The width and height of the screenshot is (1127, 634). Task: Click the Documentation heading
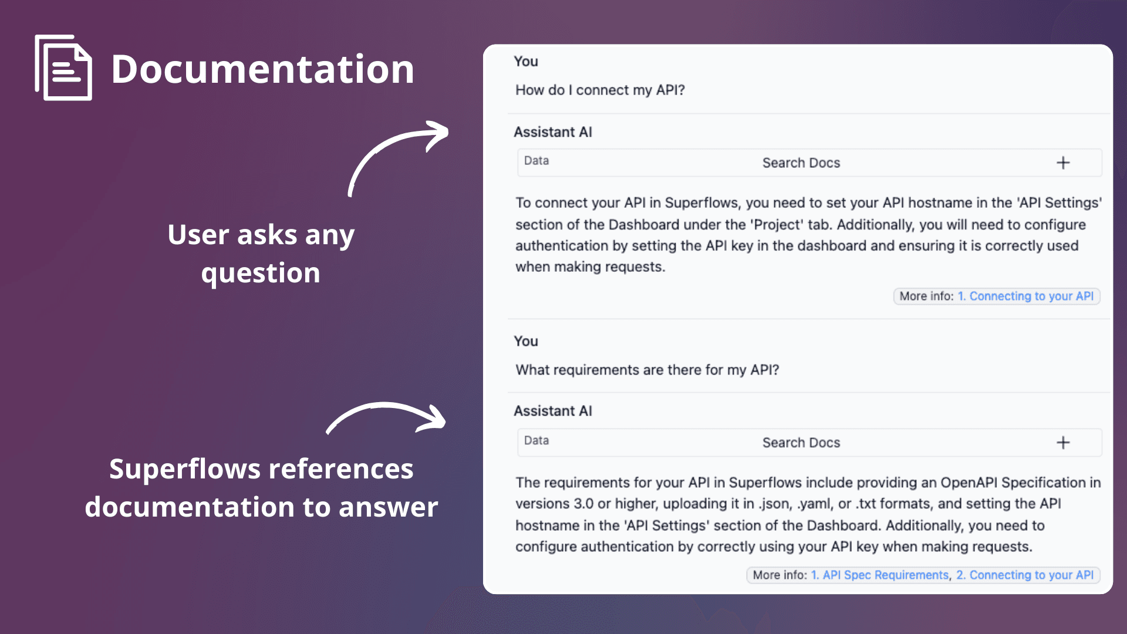pyautogui.click(x=262, y=69)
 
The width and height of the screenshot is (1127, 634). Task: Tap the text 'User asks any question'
pyautogui.click(x=261, y=254)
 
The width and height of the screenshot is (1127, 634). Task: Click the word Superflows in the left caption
pyautogui.click(x=184, y=469)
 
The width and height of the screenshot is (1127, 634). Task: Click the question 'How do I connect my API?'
pyautogui.click(x=600, y=90)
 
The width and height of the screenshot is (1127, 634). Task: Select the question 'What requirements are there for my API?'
pyautogui.click(x=647, y=370)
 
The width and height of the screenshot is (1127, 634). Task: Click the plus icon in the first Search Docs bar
pyautogui.click(x=1063, y=163)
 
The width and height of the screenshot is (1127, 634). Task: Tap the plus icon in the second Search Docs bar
pyautogui.click(x=1063, y=443)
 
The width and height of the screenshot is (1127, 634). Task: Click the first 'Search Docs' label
pyautogui.click(x=801, y=163)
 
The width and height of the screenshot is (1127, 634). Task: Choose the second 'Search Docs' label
pyautogui.click(x=801, y=443)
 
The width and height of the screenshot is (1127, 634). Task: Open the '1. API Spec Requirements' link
pyautogui.click(x=879, y=575)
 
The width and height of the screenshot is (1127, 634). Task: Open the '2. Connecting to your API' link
pyautogui.click(x=1025, y=575)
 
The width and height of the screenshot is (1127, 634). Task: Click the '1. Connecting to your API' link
pyautogui.click(x=1025, y=296)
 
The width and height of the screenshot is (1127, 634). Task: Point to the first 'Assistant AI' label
pyautogui.click(x=552, y=132)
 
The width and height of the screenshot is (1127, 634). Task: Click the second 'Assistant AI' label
pyautogui.click(x=552, y=411)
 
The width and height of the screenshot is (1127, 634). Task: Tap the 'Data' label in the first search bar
pyautogui.click(x=536, y=161)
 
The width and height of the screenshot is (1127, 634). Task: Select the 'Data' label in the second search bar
pyautogui.click(x=536, y=441)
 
